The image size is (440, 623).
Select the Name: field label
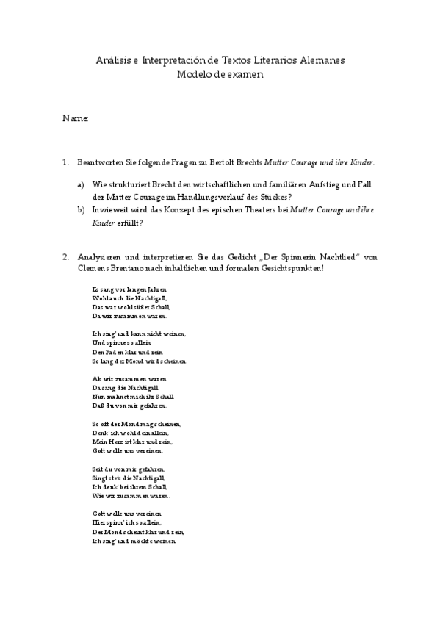[76, 118]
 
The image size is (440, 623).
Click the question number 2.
[65, 256]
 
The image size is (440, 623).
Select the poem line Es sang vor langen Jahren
[124, 289]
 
